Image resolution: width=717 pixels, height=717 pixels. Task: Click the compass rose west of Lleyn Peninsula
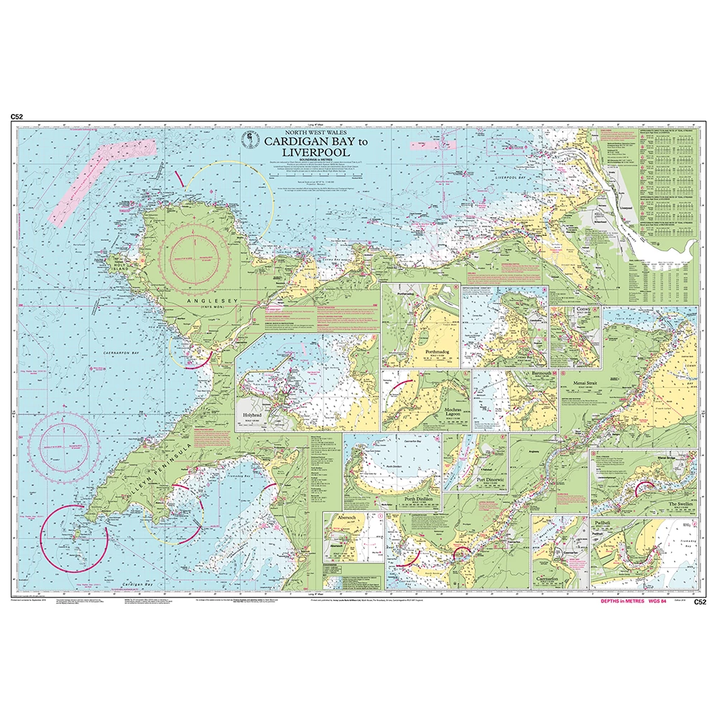pyautogui.click(x=65, y=440)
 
